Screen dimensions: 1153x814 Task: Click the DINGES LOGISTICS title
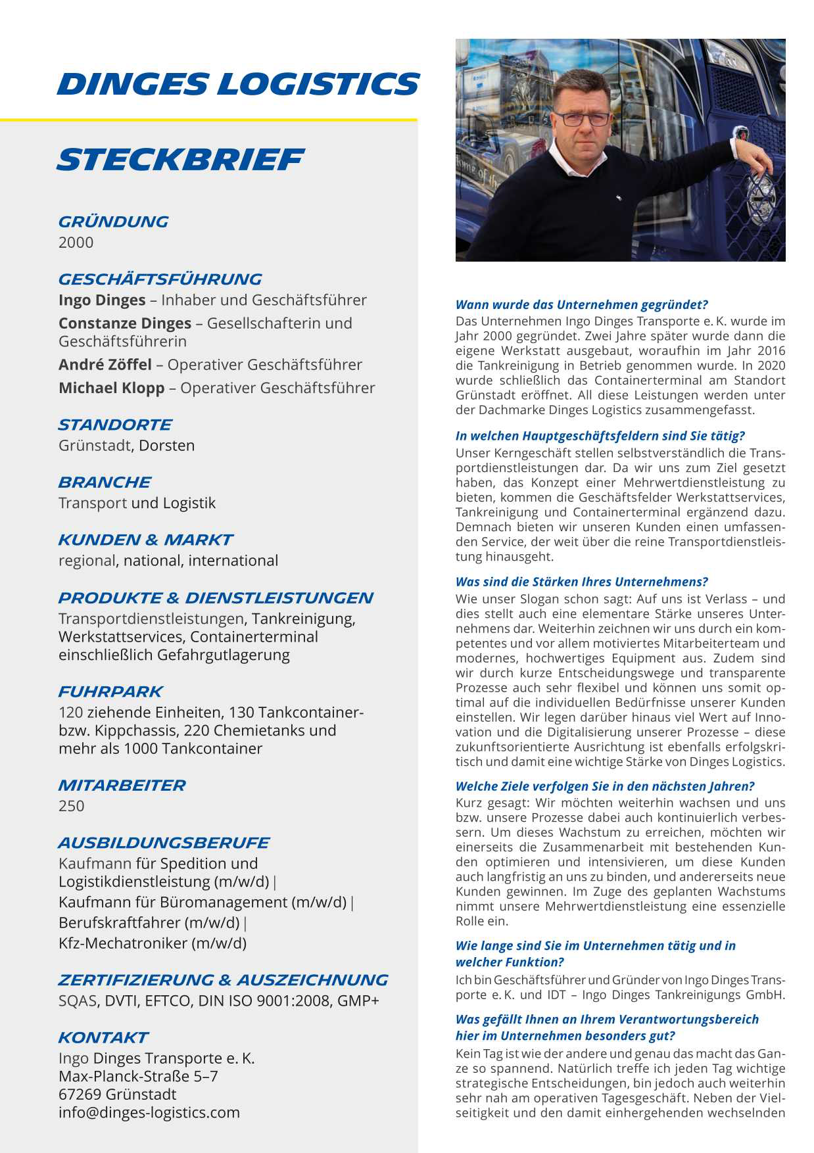pos(238,84)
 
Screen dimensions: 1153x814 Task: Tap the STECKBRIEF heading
pos(180,160)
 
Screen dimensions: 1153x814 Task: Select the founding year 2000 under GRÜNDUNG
pos(76,243)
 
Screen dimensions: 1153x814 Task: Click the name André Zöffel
pos(105,365)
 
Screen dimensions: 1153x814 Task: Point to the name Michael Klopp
pos(111,388)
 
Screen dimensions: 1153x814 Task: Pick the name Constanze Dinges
pos(124,323)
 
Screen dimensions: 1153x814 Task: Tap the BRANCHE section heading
pos(105,482)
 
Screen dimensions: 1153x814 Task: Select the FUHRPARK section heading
pos(110,692)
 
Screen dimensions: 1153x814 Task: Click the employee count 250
pos(71,807)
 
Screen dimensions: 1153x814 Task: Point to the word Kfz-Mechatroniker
pos(123,943)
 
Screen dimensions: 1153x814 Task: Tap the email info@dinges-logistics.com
pos(149,1113)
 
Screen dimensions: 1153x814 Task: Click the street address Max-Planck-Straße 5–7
pos(138,1077)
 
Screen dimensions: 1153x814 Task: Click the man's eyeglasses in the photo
pos(582,119)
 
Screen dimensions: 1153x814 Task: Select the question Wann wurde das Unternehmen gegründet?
pos(581,305)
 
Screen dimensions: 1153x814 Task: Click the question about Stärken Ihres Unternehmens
pos(581,582)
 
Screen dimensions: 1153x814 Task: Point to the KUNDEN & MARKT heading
pos(145,540)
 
